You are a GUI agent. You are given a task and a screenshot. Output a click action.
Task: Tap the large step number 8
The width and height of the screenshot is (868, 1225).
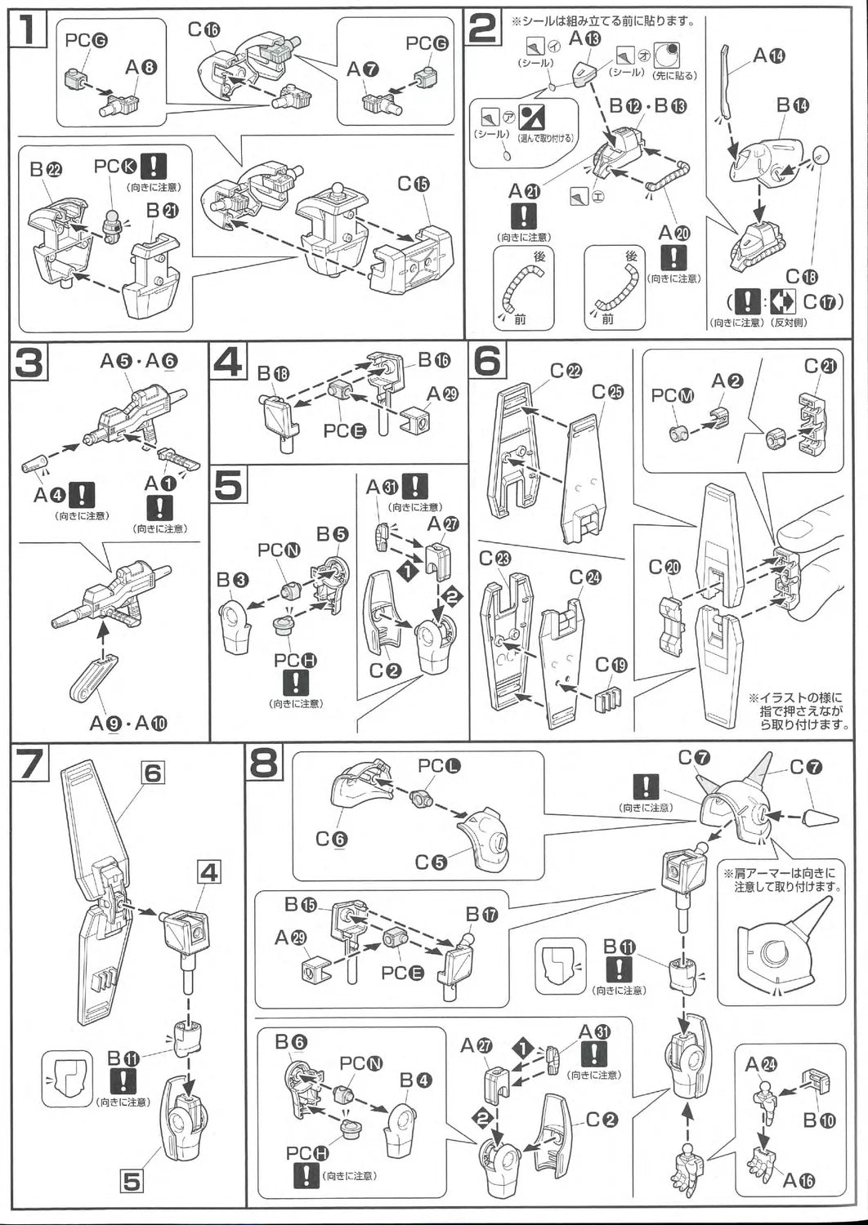pos(265,764)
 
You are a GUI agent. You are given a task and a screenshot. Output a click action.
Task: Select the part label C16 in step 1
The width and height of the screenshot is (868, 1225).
pos(204,29)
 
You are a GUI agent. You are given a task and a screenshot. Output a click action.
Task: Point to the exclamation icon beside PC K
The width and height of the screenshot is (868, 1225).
pos(153,166)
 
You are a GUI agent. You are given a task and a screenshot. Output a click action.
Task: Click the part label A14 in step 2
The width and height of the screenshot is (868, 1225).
pos(768,56)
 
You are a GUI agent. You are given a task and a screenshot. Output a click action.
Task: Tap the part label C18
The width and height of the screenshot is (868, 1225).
pos(803,276)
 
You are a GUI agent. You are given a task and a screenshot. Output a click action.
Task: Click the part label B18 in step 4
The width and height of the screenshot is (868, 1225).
pos(274,374)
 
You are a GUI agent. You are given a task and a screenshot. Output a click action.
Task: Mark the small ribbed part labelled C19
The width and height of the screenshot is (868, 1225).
pos(608,701)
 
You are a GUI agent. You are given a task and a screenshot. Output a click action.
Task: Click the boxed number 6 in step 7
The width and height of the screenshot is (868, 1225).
pos(153,772)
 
